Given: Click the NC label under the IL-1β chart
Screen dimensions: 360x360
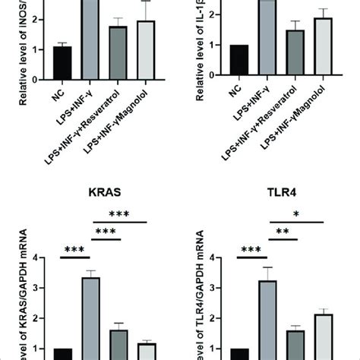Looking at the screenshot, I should (240, 97).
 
